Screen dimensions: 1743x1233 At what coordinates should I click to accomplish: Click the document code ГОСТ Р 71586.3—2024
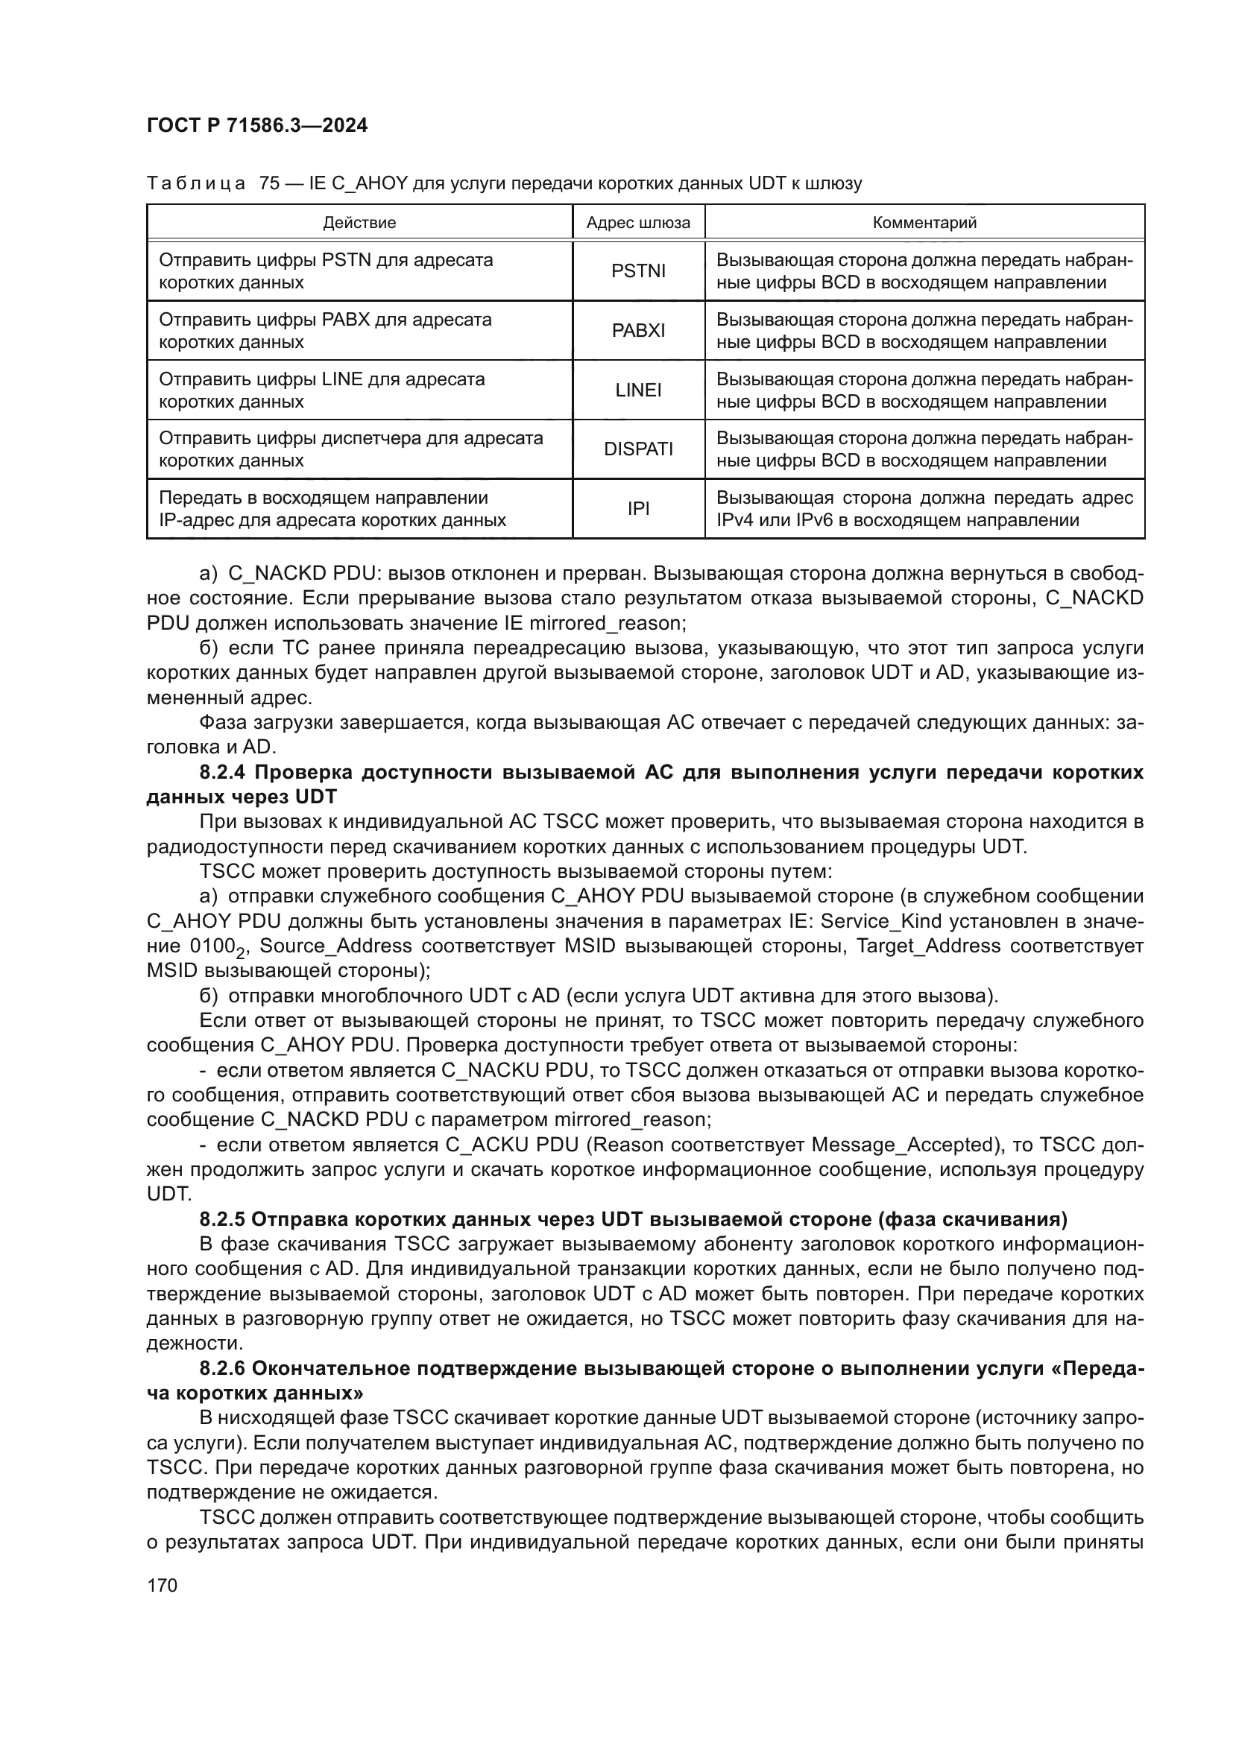[x=256, y=125]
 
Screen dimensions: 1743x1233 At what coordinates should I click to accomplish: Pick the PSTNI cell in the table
[x=638, y=271]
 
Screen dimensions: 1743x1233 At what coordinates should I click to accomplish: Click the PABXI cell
[x=638, y=331]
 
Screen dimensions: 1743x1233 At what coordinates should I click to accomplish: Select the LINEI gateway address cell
[x=638, y=390]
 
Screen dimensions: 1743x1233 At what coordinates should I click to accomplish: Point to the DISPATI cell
[x=638, y=449]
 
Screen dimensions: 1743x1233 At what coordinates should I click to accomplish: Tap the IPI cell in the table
[x=638, y=509]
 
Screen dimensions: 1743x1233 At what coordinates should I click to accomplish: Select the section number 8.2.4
[x=222, y=773]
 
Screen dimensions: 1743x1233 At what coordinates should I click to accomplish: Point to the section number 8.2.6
[x=222, y=1369]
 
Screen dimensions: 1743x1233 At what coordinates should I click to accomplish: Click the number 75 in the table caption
[x=270, y=184]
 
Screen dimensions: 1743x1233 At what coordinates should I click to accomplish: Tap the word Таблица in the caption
[x=196, y=184]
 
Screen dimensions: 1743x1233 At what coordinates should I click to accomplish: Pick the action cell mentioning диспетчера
[x=351, y=449]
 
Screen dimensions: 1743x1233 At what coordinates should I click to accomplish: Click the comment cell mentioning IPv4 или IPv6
[x=924, y=509]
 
